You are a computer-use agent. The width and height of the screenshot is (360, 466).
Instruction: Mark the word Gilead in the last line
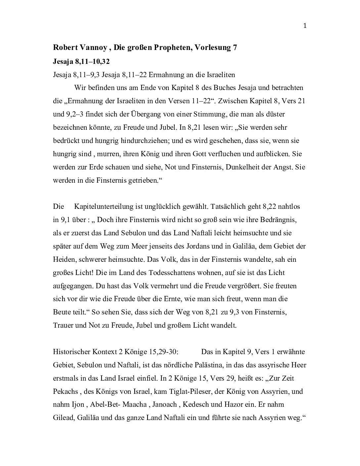(x=64, y=418)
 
